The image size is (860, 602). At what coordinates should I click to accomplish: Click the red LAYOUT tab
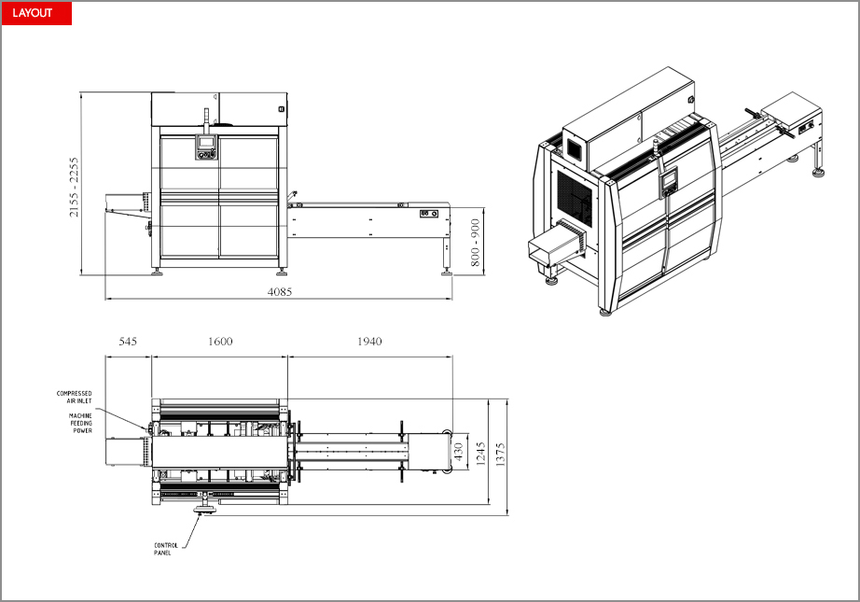tap(36, 13)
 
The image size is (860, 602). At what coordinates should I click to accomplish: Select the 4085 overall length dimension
tap(280, 292)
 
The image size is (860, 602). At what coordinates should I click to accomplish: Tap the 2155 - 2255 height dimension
tap(74, 187)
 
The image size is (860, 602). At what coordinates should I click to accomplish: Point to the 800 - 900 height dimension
tap(475, 243)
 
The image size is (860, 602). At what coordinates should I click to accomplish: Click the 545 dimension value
tap(128, 342)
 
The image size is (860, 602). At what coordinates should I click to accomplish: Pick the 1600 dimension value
tap(220, 342)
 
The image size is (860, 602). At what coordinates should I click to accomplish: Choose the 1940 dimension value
tap(369, 342)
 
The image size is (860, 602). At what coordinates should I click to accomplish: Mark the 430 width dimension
tap(459, 451)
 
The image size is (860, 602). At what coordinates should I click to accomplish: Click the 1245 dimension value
tap(481, 454)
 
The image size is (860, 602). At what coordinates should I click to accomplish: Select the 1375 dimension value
tap(500, 455)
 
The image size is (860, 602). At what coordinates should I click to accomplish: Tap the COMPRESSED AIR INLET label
tap(75, 398)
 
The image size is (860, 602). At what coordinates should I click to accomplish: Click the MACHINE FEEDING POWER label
tap(80, 423)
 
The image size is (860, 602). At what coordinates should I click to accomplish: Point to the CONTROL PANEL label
tap(166, 549)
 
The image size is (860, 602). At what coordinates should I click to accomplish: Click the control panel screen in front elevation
tap(206, 142)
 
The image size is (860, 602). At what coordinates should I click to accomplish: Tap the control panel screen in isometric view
tap(669, 180)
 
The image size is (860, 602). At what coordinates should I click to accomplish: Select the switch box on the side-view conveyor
tap(429, 214)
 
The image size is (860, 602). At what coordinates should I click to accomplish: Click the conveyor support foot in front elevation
tap(447, 272)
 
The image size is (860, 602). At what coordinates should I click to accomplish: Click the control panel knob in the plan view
tap(205, 511)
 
